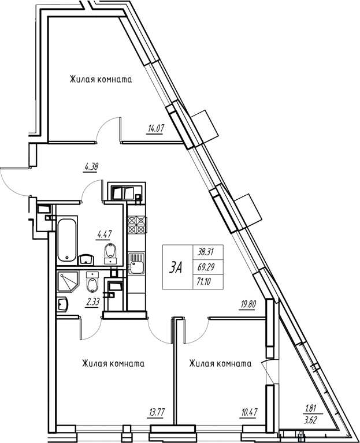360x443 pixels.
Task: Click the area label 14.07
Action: click(x=155, y=129)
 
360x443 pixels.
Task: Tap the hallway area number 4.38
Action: click(x=91, y=167)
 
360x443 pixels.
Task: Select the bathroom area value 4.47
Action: click(x=104, y=234)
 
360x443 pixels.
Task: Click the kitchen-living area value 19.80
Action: click(x=247, y=304)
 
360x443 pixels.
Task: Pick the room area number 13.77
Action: click(x=155, y=412)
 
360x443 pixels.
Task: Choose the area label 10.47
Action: click(x=248, y=412)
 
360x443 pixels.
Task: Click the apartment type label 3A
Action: click(x=176, y=267)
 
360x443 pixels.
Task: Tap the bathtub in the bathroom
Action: click(x=67, y=239)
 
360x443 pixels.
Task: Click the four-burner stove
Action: click(x=137, y=225)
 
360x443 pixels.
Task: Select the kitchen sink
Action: click(x=137, y=263)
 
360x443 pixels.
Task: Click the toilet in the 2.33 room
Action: click(x=92, y=282)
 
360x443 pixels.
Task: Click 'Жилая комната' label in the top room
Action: click(x=101, y=80)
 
